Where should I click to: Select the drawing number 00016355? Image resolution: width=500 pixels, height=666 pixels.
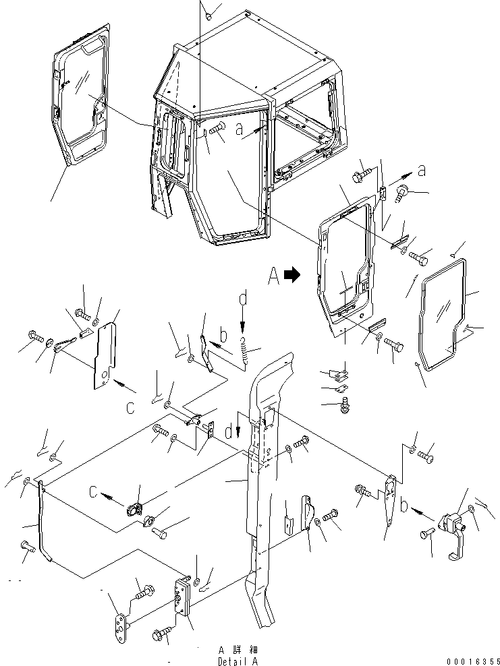coord(466,661)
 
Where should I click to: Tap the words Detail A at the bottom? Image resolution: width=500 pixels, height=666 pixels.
coord(236,661)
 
